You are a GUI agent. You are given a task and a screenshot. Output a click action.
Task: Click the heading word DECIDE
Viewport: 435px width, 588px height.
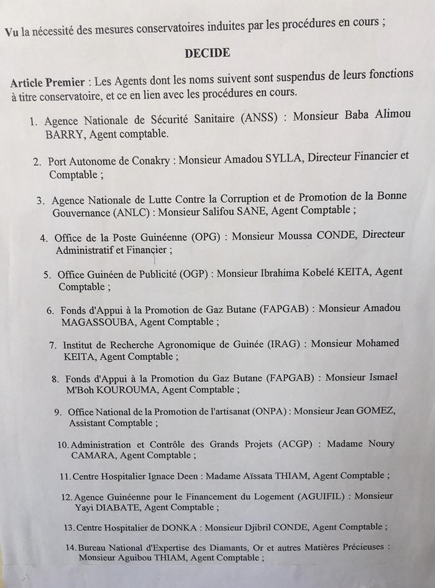tap(208, 53)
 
